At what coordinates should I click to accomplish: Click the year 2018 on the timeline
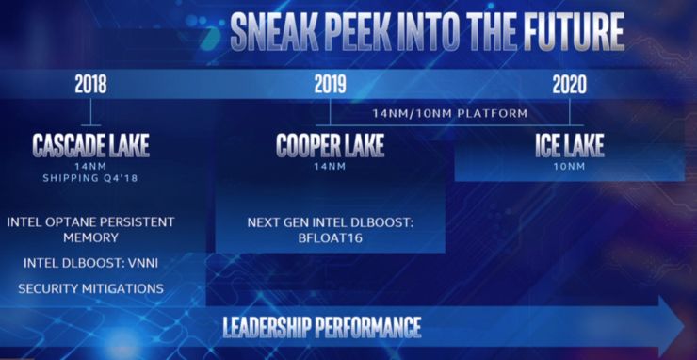(x=90, y=85)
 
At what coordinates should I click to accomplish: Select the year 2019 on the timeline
(x=330, y=85)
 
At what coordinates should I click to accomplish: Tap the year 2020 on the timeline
(x=570, y=85)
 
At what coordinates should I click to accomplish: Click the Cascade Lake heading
(x=90, y=145)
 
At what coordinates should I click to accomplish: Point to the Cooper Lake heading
(x=330, y=145)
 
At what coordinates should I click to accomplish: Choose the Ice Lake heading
(x=570, y=145)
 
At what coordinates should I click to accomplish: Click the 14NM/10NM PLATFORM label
(x=450, y=113)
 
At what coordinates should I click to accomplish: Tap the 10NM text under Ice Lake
(x=570, y=168)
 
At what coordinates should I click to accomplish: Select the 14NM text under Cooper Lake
(x=330, y=168)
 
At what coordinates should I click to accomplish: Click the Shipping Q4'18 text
(x=90, y=179)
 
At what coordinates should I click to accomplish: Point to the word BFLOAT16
(x=331, y=238)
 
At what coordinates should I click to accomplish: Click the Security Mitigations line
(x=90, y=288)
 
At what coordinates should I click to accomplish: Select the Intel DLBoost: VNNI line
(x=90, y=264)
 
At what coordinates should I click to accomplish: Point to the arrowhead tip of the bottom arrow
(x=685, y=327)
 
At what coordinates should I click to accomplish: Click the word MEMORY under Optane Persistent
(x=90, y=237)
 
